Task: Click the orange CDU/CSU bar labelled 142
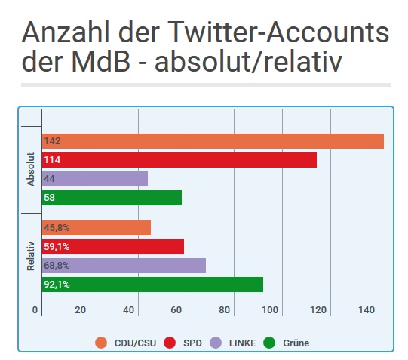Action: pos(213,141)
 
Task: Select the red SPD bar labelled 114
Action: pos(179,160)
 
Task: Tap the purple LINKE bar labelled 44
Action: pos(95,179)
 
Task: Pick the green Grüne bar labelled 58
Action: pos(112,198)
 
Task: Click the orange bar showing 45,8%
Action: pos(97,228)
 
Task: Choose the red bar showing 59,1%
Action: pos(113,247)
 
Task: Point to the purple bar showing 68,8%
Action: pos(124,266)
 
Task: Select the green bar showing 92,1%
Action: pos(153,285)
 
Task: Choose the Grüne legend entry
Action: pos(287,343)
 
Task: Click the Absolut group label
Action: pos(31,169)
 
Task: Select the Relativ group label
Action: pos(31,257)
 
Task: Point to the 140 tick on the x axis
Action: pos(367,310)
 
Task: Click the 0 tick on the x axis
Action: pos(35,310)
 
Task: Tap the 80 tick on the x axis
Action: pos(225,310)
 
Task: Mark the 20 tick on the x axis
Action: pos(82,310)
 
